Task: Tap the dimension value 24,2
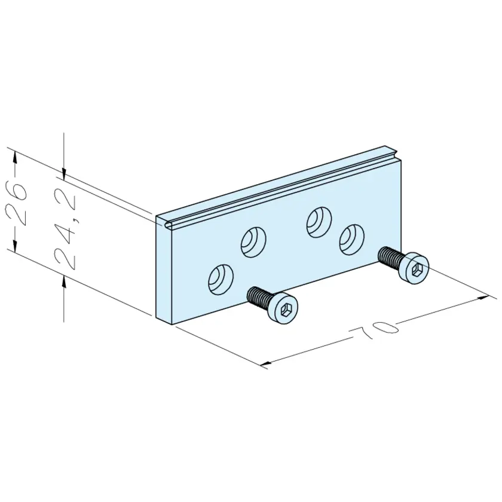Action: point(65,229)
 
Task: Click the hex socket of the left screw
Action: point(284,310)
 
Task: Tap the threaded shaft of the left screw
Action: point(258,296)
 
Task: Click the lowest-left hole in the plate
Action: point(221,280)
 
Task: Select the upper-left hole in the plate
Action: point(253,242)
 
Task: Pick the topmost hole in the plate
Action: point(319,222)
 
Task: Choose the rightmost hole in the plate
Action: point(352,240)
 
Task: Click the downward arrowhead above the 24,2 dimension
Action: point(64,174)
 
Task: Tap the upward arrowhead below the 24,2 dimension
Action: point(64,282)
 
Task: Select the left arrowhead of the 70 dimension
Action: point(267,363)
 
